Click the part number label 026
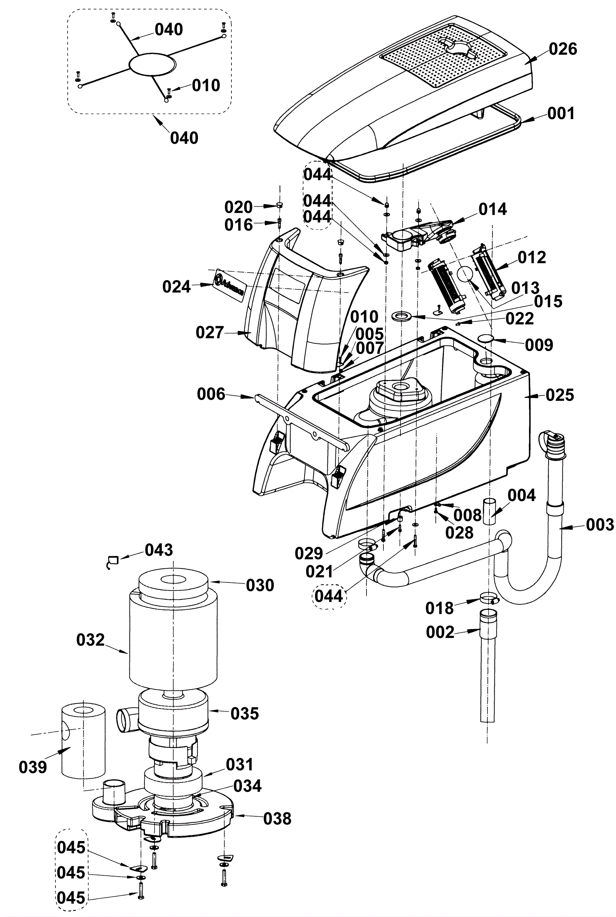pos(563,49)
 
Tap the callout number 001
pos(561,113)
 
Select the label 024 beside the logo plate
pos(176,287)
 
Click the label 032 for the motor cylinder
pos(91,640)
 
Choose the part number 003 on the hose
pos(600,525)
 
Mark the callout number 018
pos(440,608)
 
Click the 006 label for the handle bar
pos(211,394)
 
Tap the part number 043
pos(159,550)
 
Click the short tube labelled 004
pos(489,511)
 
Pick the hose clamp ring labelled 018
pos(489,599)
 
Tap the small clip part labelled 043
pos(113,561)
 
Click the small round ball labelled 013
pos(466,274)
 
